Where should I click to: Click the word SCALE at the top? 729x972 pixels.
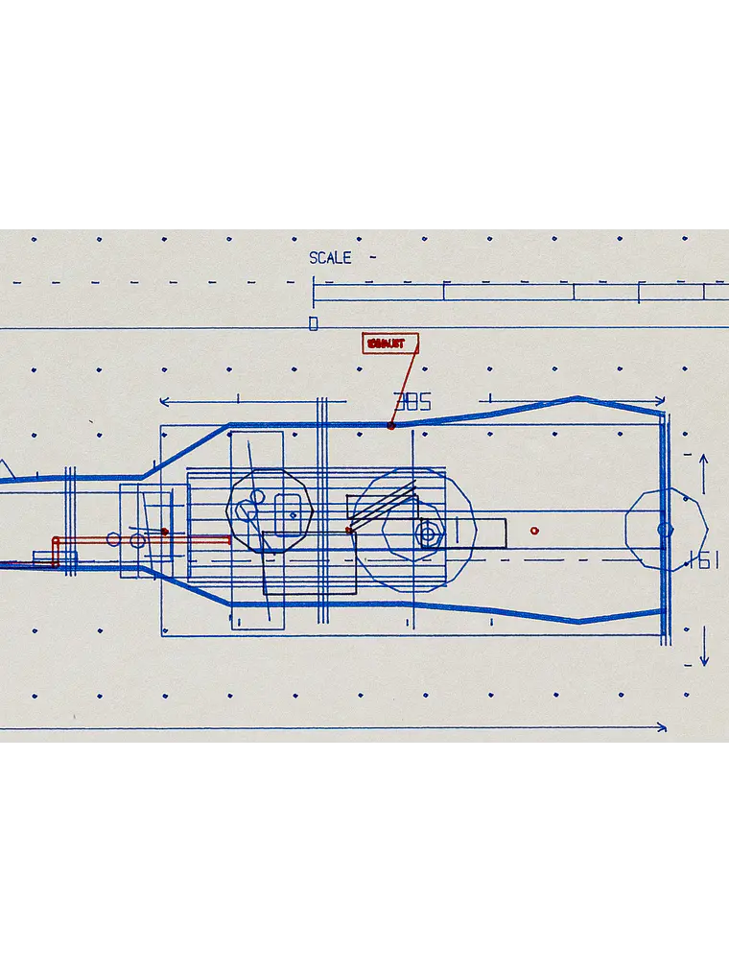[330, 258]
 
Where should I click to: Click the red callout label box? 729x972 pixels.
[390, 344]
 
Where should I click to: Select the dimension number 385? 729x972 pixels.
[412, 402]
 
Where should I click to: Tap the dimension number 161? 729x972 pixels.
[703, 560]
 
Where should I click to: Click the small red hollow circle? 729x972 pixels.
[534, 531]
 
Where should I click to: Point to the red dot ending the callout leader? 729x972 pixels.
[391, 425]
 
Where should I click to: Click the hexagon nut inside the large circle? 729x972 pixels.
[428, 533]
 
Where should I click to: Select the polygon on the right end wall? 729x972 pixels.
[666, 529]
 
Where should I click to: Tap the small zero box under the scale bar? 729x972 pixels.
[313, 324]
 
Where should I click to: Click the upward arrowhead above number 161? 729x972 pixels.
[704, 460]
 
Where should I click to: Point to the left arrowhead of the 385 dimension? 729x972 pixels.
[164, 401]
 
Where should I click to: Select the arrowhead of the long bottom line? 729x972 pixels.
[661, 728]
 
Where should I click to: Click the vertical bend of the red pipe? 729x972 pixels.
[56, 553]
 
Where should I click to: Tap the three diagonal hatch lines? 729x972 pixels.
[383, 506]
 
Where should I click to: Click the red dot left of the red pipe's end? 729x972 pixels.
[165, 531]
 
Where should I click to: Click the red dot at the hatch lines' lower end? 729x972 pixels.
[349, 530]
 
